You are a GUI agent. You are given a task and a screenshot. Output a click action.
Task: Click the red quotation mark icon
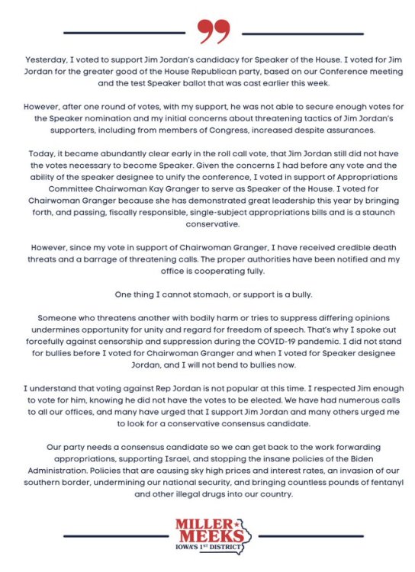[x=213, y=31]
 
